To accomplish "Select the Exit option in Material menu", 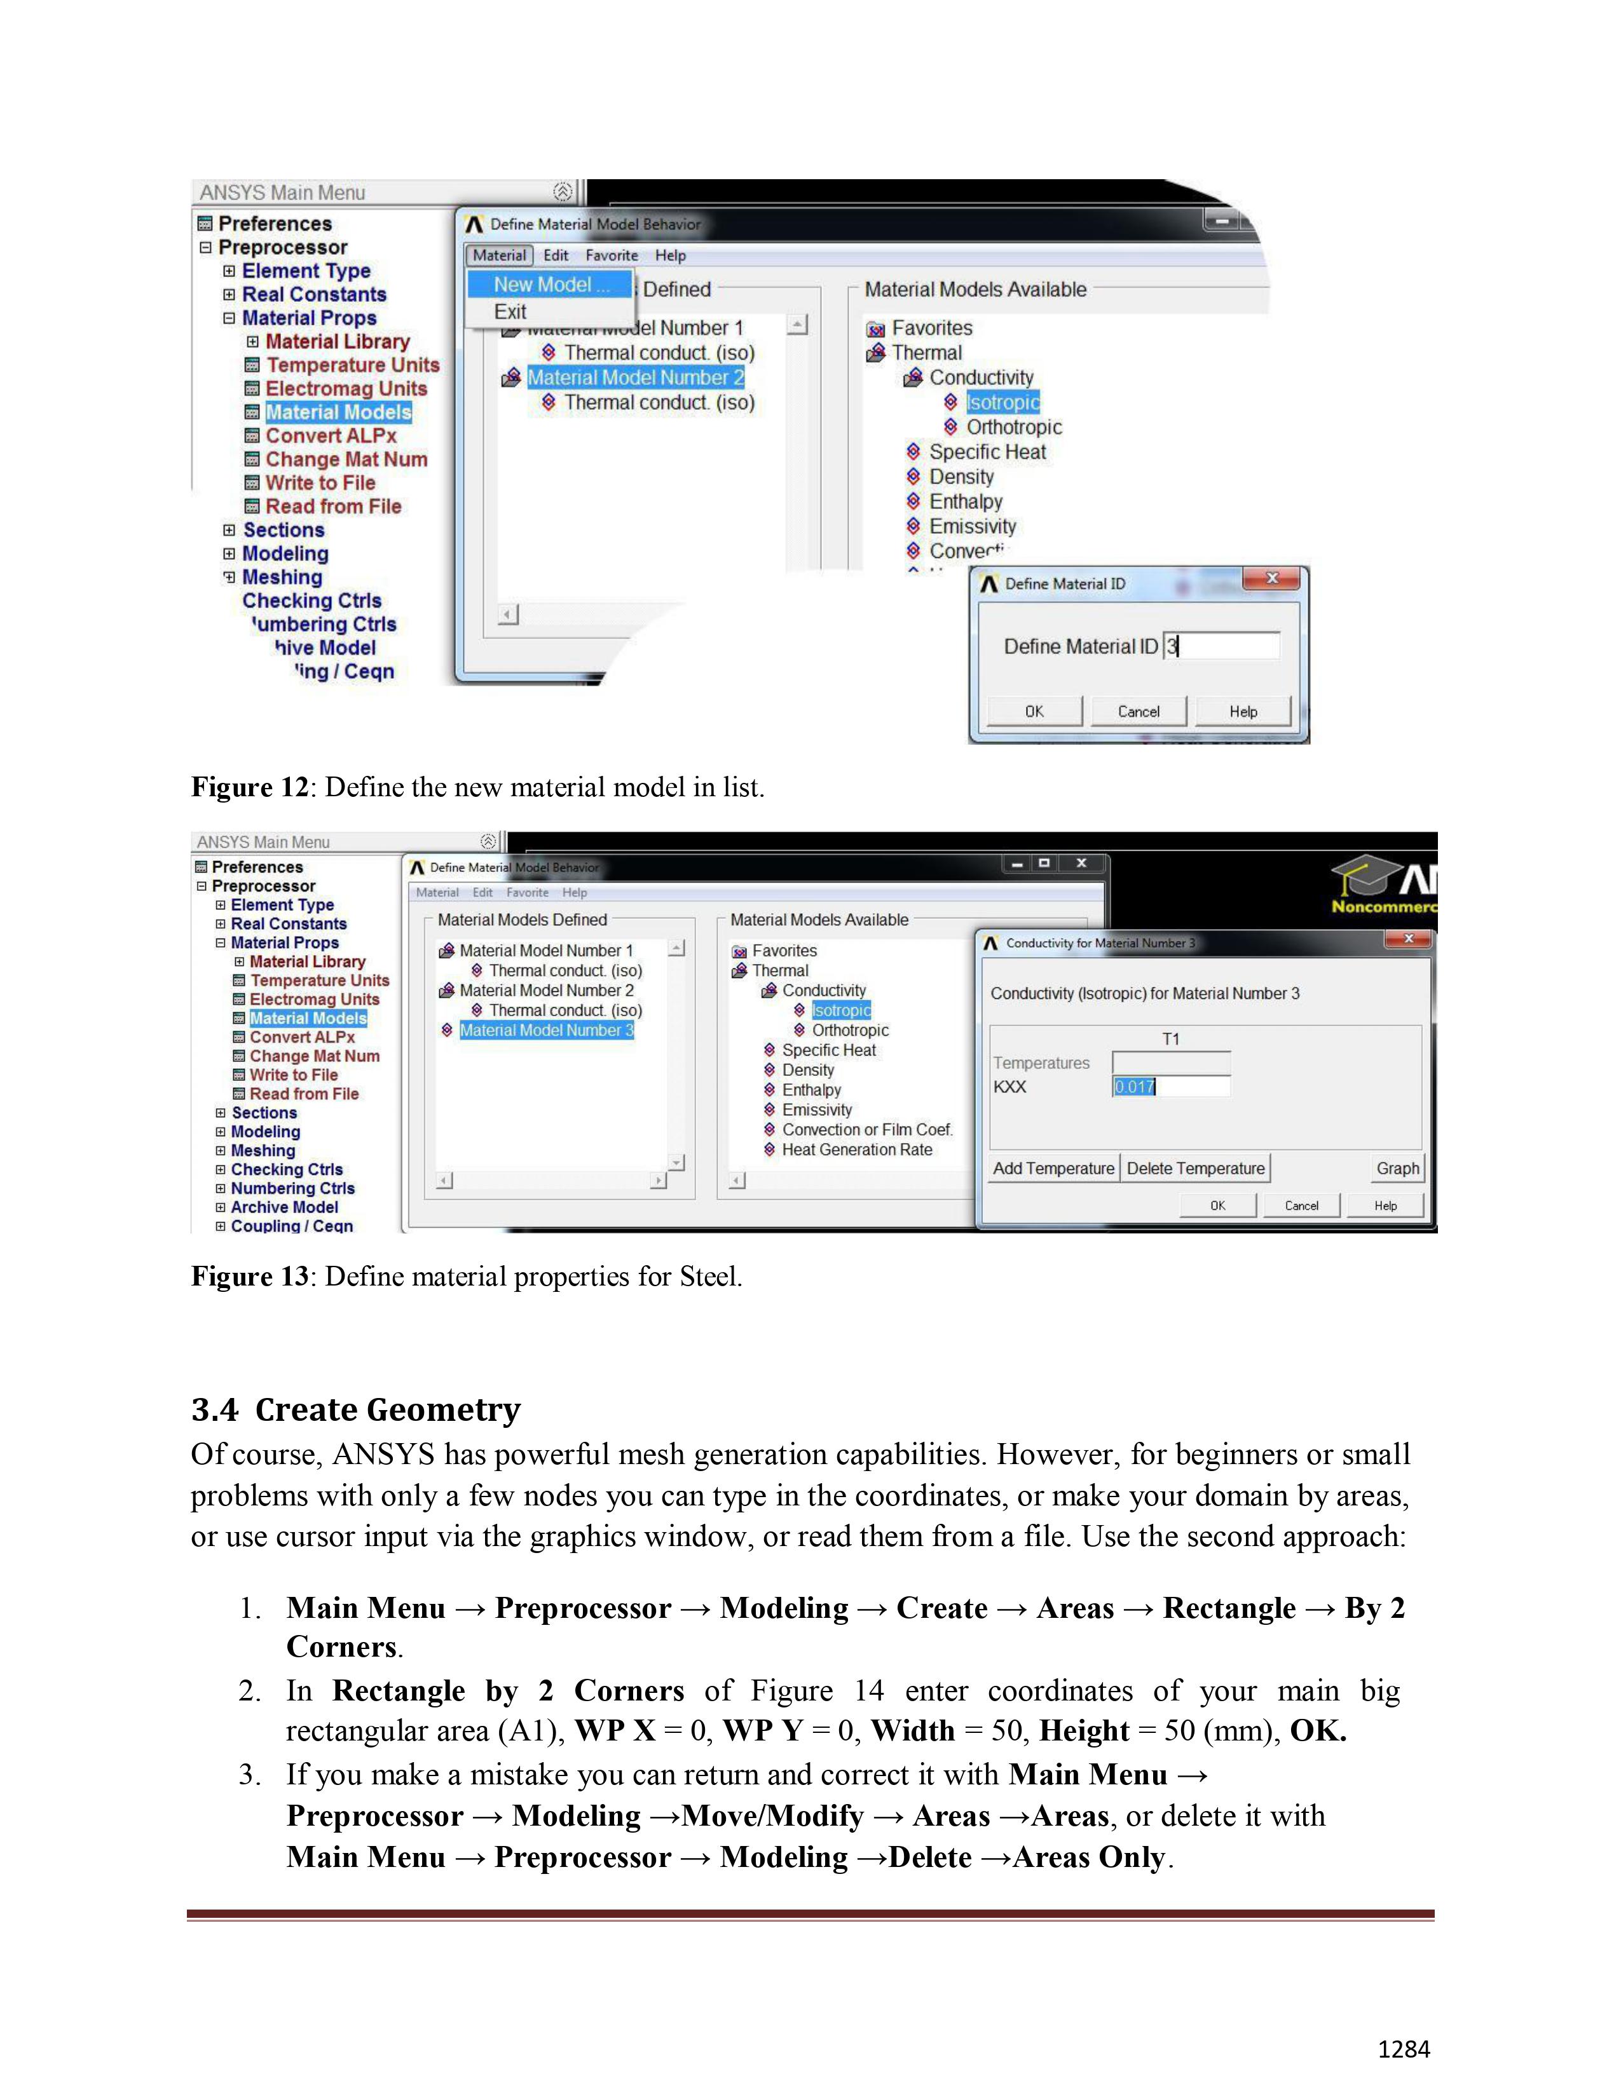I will pyautogui.click(x=510, y=312).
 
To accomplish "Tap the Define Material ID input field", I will pyautogui.click(x=1222, y=646).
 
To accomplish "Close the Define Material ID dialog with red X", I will pyautogui.click(x=1271, y=579).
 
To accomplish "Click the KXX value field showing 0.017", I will pyautogui.click(x=1170, y=1087).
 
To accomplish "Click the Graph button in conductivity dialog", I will pyautogui.click(x=1397, y=1169).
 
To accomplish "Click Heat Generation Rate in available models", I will pyautogui.click(x=857, y=1150).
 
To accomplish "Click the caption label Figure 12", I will pyautogui.click(x=249, y=787).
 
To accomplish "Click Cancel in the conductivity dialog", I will pyautogui.click(x=1301, y=1206).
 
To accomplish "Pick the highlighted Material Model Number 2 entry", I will pyautogui.click(x=635, y=378).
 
